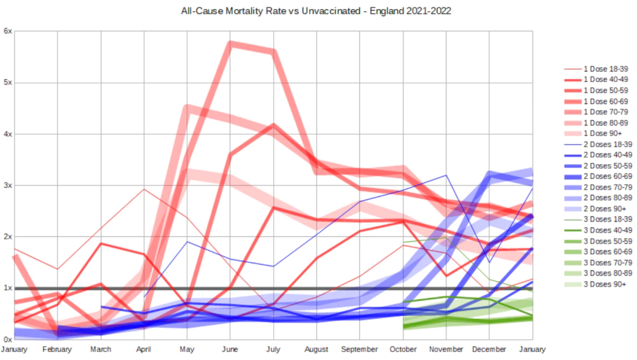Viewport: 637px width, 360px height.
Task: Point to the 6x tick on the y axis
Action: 7,31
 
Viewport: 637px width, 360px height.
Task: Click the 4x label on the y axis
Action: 7,134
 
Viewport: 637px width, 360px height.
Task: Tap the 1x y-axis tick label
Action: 7,288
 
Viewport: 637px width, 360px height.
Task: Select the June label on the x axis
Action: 231,349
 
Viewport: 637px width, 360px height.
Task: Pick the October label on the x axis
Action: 404,349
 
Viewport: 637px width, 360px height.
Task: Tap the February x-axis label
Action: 58,349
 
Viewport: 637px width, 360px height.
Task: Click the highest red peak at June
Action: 231,44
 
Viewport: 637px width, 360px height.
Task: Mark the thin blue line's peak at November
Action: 446,175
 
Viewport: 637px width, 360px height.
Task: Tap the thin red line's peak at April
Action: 144,189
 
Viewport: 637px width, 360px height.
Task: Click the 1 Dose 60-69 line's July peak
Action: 273,125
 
